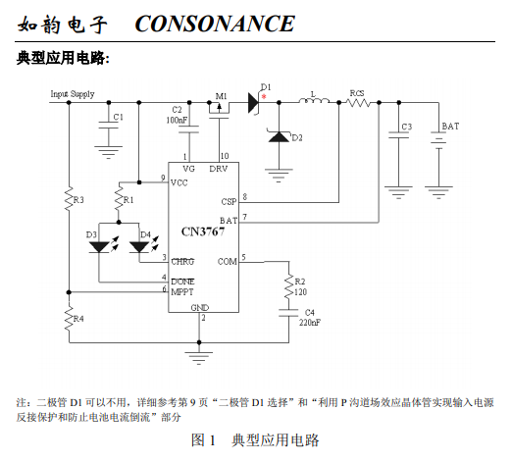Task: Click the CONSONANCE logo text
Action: [215, 24]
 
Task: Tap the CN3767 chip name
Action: [203, 231]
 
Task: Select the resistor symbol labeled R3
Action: [69, 199]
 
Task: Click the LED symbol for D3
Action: [99, 247]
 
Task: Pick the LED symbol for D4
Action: [139, 247]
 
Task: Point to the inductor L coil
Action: [314, 101]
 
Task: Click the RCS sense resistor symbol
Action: [359, 103]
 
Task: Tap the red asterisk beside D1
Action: [264, 96]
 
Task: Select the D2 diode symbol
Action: [279, 136]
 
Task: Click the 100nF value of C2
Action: [177, 120]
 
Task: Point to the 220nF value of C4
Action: [310, 323]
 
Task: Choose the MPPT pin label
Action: [182, 291]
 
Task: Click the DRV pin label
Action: [219, 169]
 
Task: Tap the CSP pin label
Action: [229, 201]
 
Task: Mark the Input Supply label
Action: [73, 94]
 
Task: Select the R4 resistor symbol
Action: [69, 319]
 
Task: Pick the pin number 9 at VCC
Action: [163, 178]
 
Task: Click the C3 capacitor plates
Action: [398, 134]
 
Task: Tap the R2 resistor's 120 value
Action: [301, 292]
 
